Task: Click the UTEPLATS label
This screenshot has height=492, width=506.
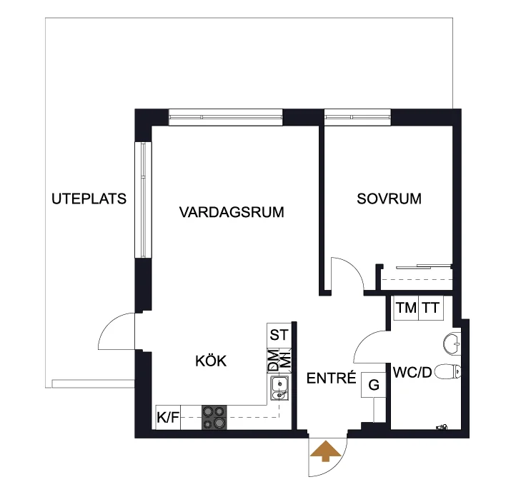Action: pyautogui.click(x=89, y=199)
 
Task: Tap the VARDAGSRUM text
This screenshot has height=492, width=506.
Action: pyautogui.click(x=232, y=212)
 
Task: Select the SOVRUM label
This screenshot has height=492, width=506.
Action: pyautogui.click(x=390, y=199)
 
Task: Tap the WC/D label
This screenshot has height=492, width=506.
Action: pyautogui.click(x=412, y=373)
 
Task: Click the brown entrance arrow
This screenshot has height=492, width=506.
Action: pyautogui.click(x=326, y=451)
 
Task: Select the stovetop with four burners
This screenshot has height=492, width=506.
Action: pyautogui.click(x=214, y=417)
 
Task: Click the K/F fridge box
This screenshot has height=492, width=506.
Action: pyautogui.click(x=168, y=417)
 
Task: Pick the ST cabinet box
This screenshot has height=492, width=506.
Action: pyautogui.click(x=279, y=336)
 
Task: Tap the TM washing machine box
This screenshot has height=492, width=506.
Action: pyautogui.click(x=406, y=308)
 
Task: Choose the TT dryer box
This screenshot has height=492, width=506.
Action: pyautogui.click(x=431, y=308)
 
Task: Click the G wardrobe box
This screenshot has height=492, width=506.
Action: pyautogui.click(x=373, y=385)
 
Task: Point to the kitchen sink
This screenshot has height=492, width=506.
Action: pyautogui.click(x=279, y=388)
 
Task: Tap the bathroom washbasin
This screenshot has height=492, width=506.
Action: pyautogui.click(x=452, y=344)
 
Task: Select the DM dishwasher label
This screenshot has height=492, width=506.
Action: pyautogui.click(x=273, y=361)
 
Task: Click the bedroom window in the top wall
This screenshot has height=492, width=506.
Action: pyautogui.click(x=357, y=117)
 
